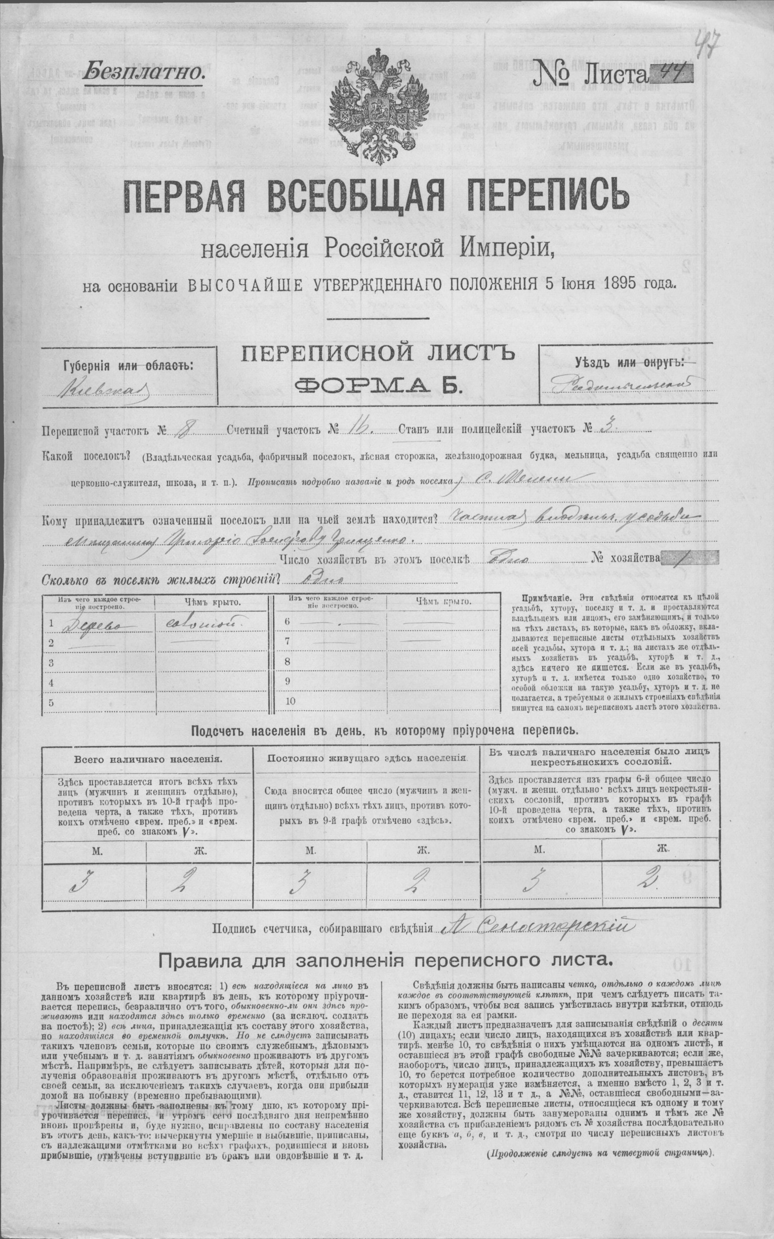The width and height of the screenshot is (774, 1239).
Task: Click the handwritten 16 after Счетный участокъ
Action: (x=354, y=429)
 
